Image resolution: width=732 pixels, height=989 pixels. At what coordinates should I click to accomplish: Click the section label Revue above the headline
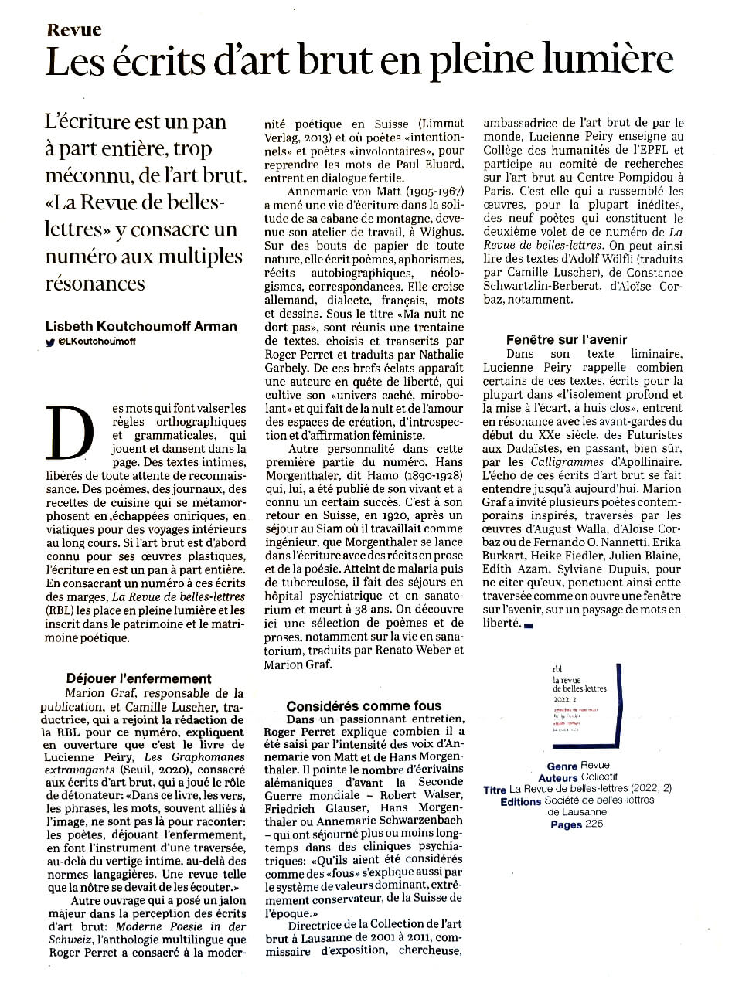coord(73,30)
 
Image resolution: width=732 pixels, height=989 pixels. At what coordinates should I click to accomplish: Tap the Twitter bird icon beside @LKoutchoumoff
coord(50,342)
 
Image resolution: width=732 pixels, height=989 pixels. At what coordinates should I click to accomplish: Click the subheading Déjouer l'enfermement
coord(138,678)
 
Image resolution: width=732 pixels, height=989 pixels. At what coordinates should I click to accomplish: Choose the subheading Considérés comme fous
coord(363,705)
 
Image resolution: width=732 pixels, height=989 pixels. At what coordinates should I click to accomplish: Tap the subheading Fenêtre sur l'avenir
coord(566,339)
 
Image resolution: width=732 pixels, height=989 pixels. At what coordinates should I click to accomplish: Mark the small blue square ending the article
coord(529,624)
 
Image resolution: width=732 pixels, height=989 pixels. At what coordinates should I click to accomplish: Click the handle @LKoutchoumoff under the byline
coord(97,342)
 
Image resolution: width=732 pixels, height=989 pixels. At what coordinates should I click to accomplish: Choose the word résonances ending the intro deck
coord(95,283)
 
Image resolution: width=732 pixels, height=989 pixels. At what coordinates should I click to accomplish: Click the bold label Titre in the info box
coord(494,790)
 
